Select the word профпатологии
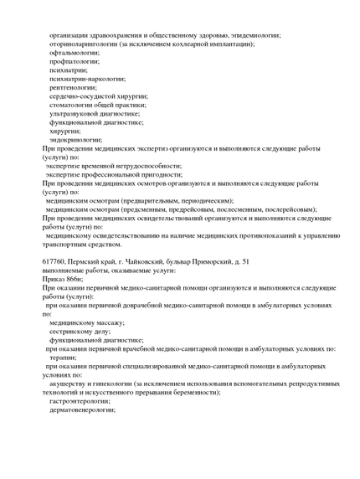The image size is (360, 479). [x=75, y=63]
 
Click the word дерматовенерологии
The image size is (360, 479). [x=83, y=410]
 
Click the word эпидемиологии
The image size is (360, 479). [x=251, y=35]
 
